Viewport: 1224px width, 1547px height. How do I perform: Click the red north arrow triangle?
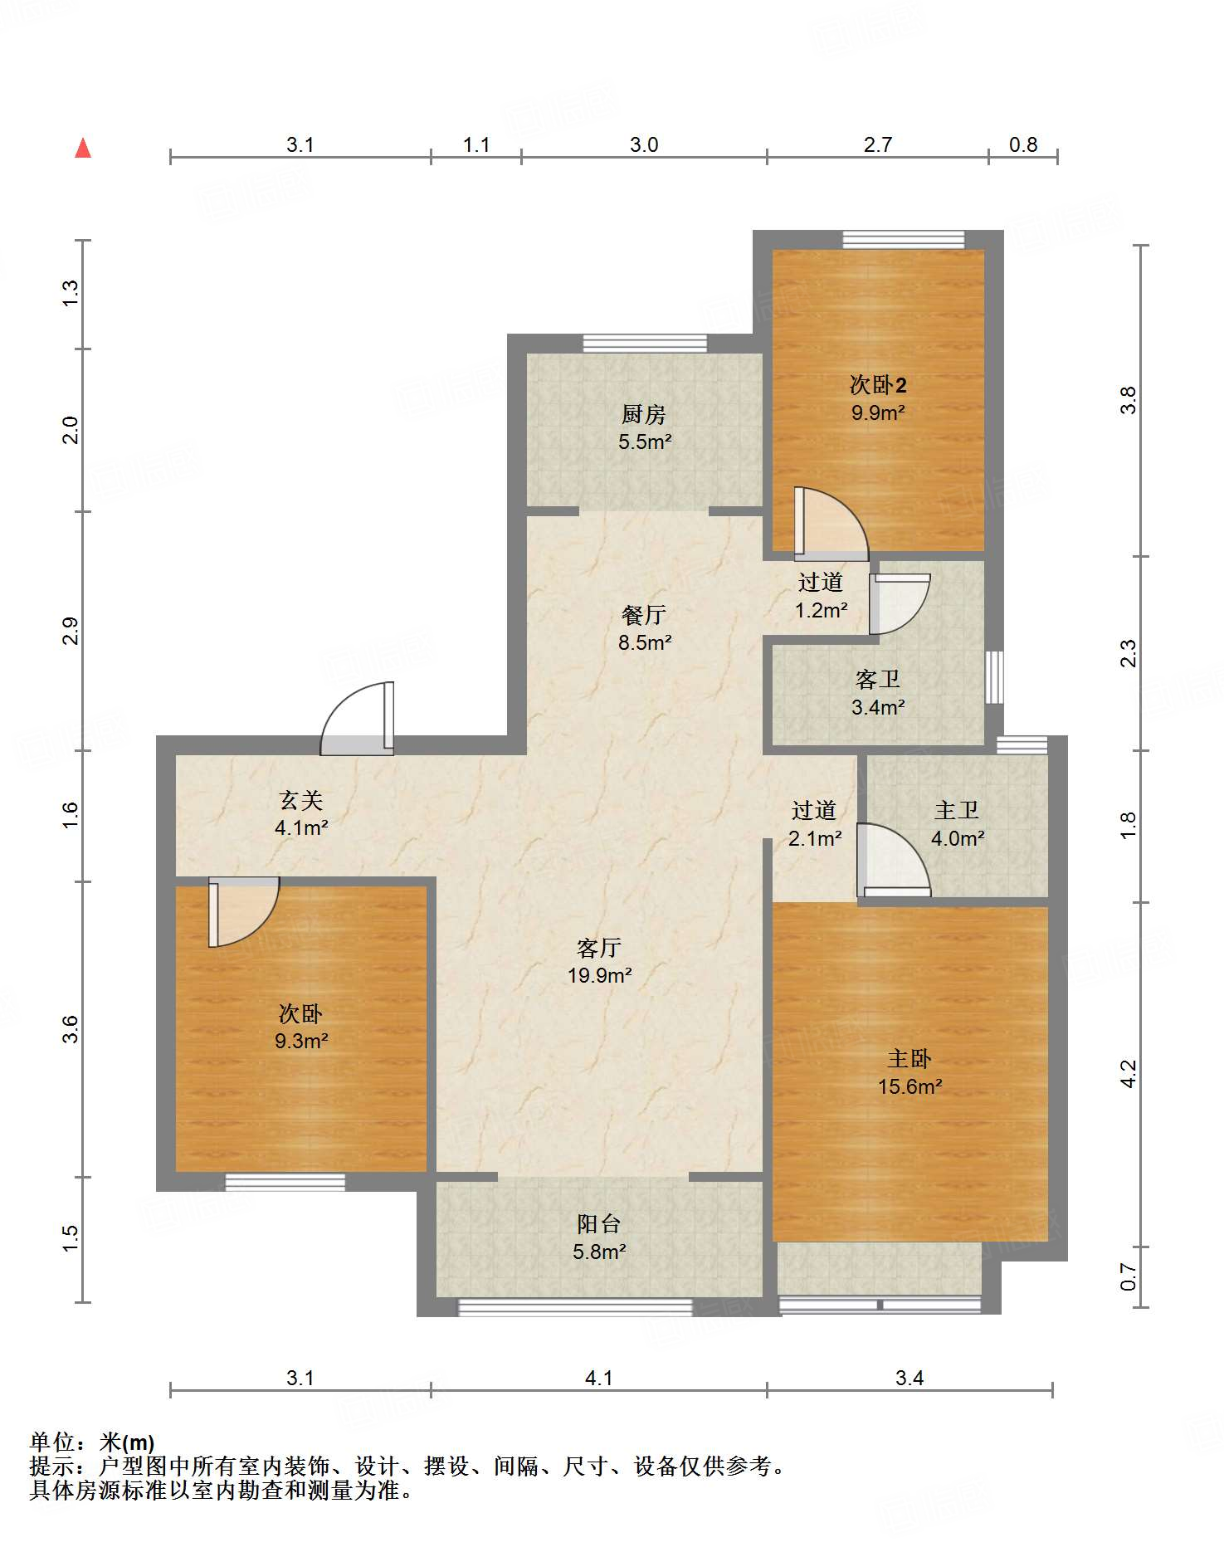pyautogui.click(x=83, y=148)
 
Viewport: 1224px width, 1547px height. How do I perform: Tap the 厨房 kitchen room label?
pyautogui.click(x=644, y=413)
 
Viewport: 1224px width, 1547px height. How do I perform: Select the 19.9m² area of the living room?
pyautogui.click(x=600, y=975)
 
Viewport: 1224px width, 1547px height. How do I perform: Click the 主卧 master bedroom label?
pyautogui.click(x=909, y=1059)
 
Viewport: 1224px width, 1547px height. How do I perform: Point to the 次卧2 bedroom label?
pyautogui.click(x=878, y=384)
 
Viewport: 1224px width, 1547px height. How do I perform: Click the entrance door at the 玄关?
pyautogui.click(x=357, y=719)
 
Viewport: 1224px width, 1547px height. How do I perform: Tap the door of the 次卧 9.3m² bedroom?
pyautogui.click(x=243, y=911)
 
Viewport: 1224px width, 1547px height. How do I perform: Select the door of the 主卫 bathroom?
pyautogui.click(x=894, y=861)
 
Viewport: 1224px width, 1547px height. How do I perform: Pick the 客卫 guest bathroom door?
pyautogui.click(x=900, y=604)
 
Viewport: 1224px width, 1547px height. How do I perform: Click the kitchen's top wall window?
pyautogui.click(x=645, y=343)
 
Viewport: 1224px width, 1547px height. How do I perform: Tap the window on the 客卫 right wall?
pyautogui.click(x=994, y=677)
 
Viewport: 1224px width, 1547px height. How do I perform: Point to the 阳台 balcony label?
pyautogui.click(x=599, y=1223)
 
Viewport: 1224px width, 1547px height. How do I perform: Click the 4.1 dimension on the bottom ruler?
pyautogui.click(x=599, y=1379)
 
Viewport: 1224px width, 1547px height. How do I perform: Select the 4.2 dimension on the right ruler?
pyautogui.click(x=1129, y=1074)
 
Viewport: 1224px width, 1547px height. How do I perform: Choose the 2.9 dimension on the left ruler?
pyautogui.click(x=71, y=631)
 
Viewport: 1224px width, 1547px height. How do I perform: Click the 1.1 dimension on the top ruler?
pyautogui.click(x=476, y=145)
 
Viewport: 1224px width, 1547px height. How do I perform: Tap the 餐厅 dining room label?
pyautogui.click(x=644, y=615)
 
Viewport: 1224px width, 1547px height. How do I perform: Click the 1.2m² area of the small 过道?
pyautogui.click(x=822, y=610)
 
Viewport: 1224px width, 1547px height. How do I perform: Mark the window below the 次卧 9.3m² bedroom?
pyautogui.click(x=285, y=1182)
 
